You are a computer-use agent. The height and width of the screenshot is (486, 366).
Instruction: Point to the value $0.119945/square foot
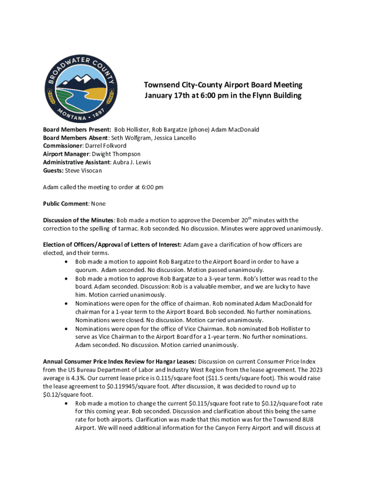click(x=128, y=386)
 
